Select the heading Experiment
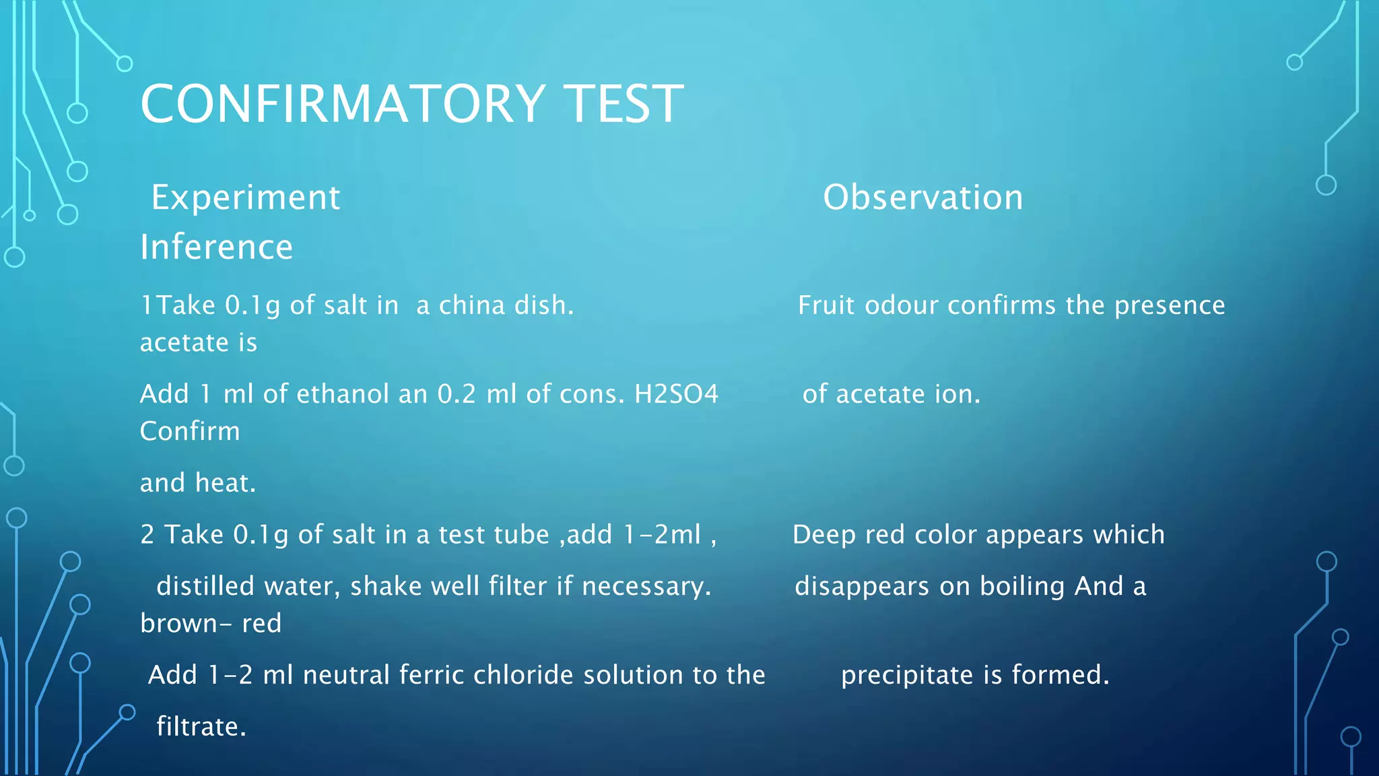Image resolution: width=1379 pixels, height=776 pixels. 246,198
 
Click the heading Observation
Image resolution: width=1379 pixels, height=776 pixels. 922,198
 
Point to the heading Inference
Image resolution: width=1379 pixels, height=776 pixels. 216,247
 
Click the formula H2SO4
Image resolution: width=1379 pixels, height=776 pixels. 676,394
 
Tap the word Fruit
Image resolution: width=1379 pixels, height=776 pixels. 825,305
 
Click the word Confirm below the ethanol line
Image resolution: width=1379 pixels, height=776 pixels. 189,431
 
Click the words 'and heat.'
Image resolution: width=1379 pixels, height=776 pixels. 197,483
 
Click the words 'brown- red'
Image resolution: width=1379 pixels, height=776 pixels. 210,624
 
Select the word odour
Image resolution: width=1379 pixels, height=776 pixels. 901,305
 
